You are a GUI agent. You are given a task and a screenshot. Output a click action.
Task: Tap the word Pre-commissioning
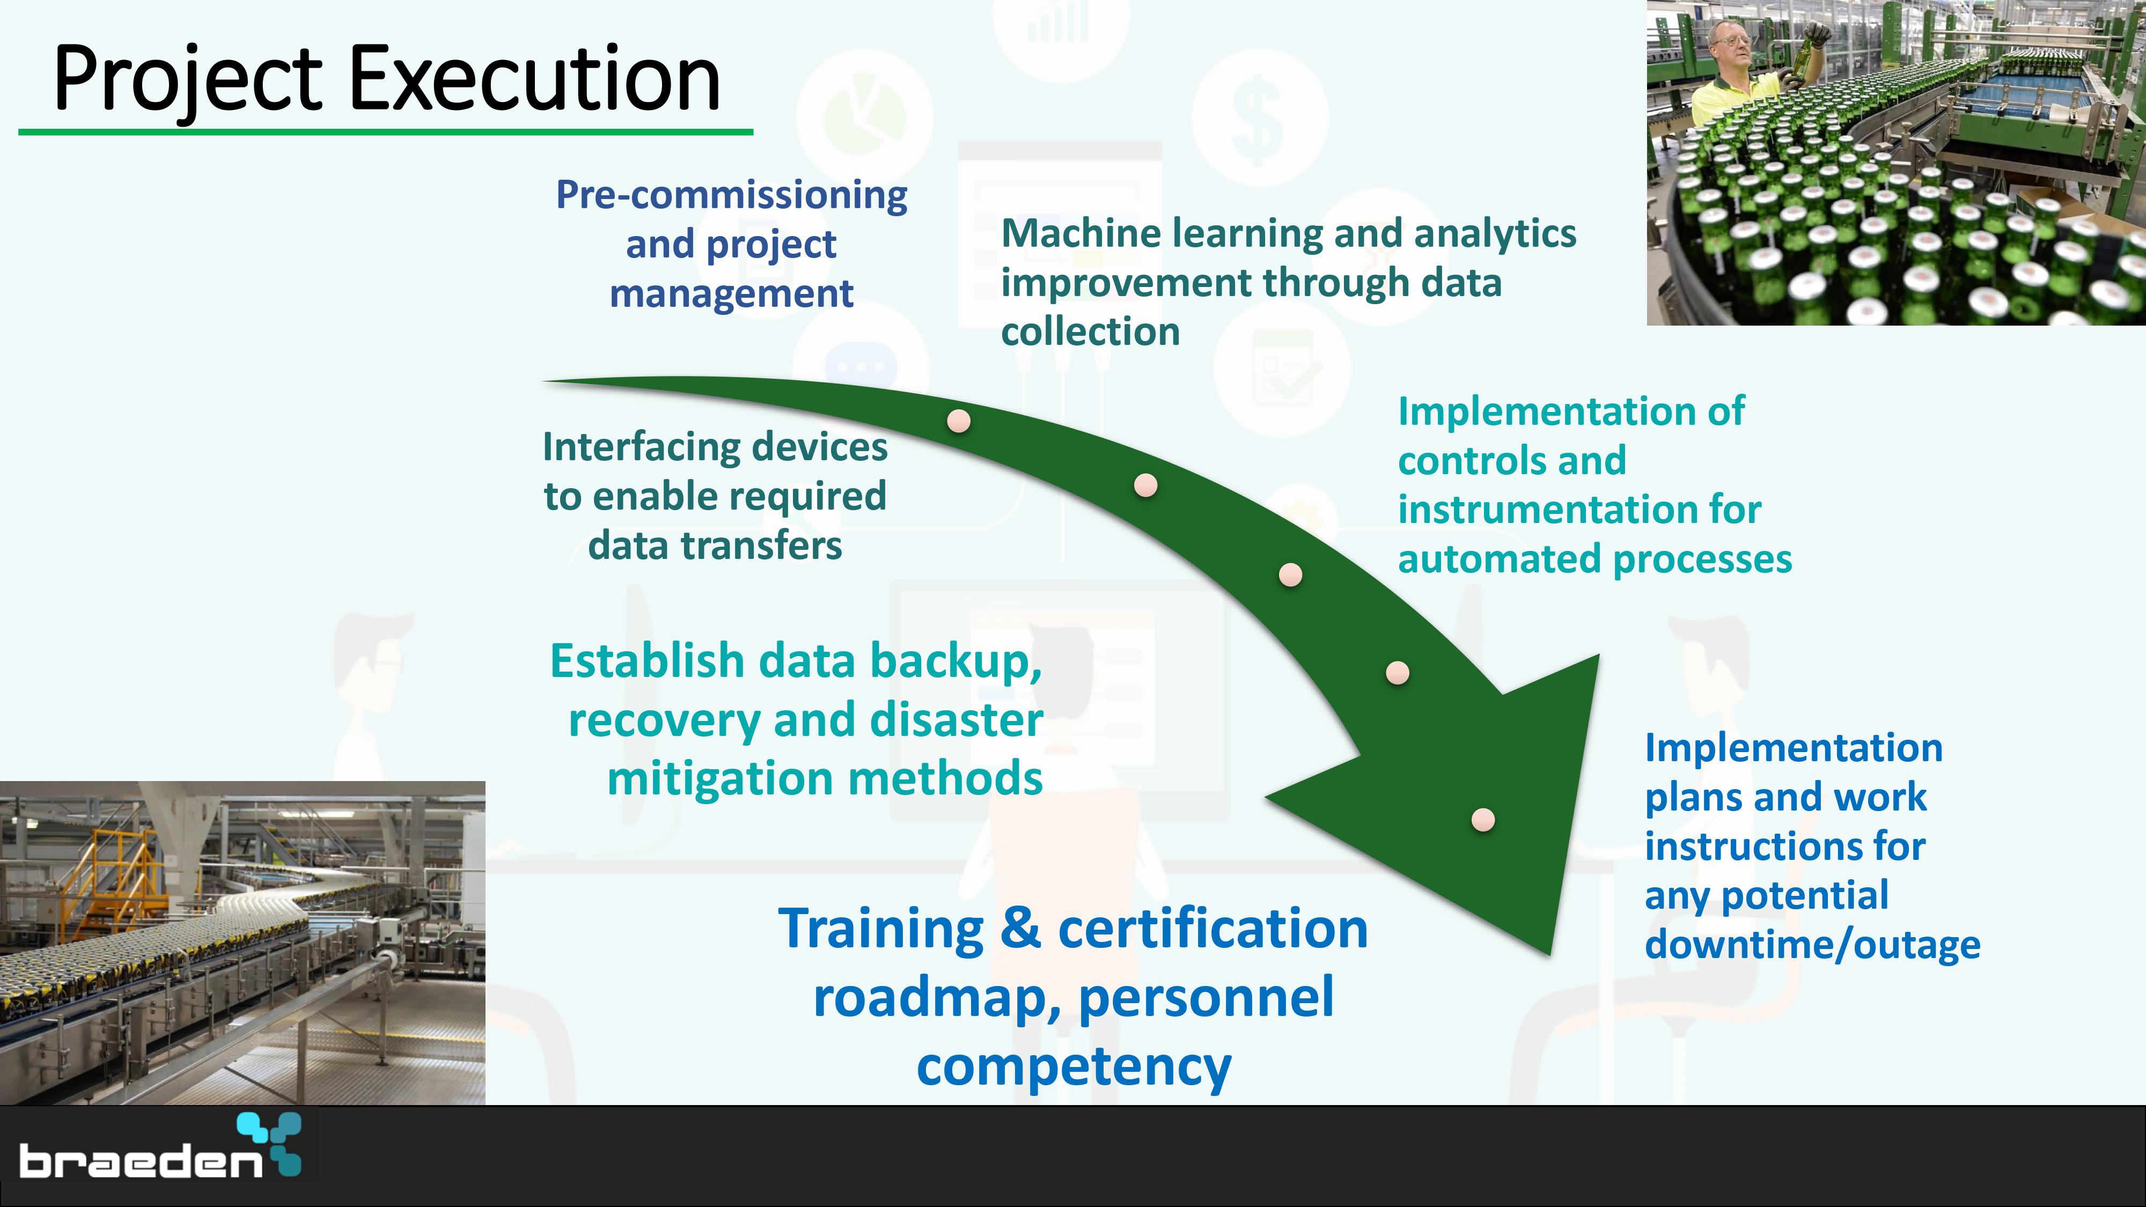pos(731,195)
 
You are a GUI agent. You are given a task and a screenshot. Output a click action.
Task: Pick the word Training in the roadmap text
pos(880,930)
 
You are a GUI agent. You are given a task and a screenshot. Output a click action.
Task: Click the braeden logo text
pos(140,1160)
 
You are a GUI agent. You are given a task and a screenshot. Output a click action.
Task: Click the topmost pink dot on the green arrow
pos(959,421)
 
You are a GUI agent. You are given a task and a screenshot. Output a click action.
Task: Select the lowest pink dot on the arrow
pos(1483,820)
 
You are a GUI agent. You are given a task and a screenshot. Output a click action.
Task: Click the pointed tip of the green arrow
pos(1550,955)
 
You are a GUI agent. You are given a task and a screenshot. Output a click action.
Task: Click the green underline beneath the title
pos(386,131)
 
